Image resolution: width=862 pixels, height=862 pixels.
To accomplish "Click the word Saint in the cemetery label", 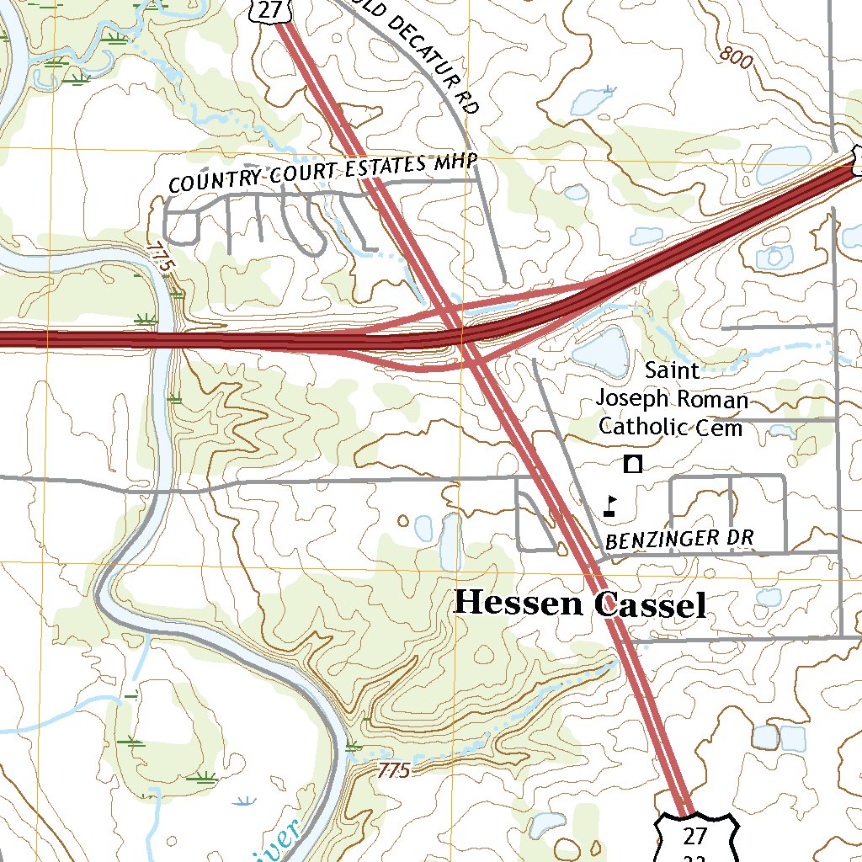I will tap(672, 370).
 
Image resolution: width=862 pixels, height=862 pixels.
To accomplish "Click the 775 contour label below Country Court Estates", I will tap(160, 256).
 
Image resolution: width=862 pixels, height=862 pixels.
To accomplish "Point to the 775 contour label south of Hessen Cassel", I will tap(393, 770).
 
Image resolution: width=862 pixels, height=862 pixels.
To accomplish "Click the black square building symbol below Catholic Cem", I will tap(633, 463).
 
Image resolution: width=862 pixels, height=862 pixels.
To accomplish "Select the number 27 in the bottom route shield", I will tap(694, 836).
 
